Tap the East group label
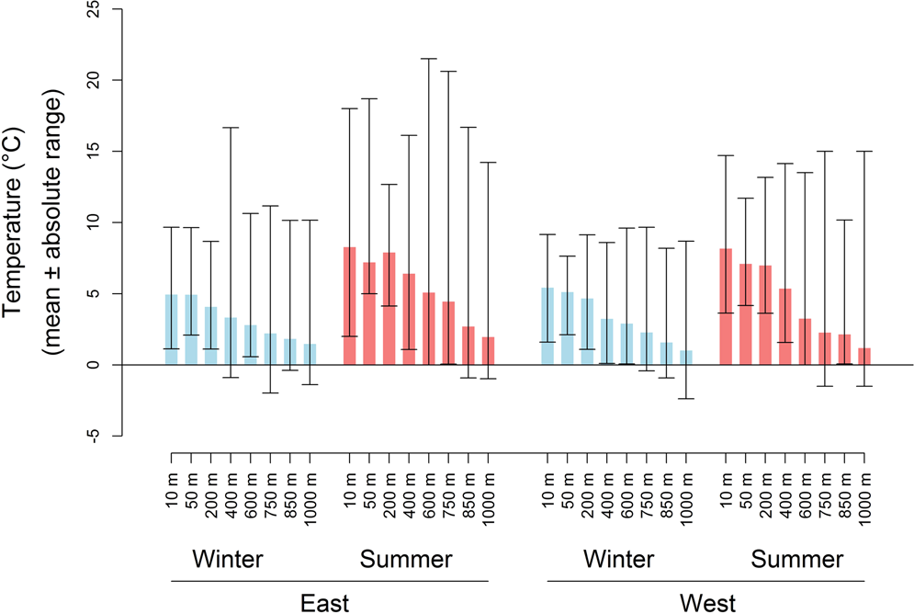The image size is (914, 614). (329, 602)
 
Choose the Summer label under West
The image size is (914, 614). (796, 559)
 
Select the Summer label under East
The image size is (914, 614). (407, 559)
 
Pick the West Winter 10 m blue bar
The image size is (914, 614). (547, 326)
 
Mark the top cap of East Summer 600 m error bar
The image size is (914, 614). (429, 59)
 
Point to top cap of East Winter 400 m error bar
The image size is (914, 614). (231, 128)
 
